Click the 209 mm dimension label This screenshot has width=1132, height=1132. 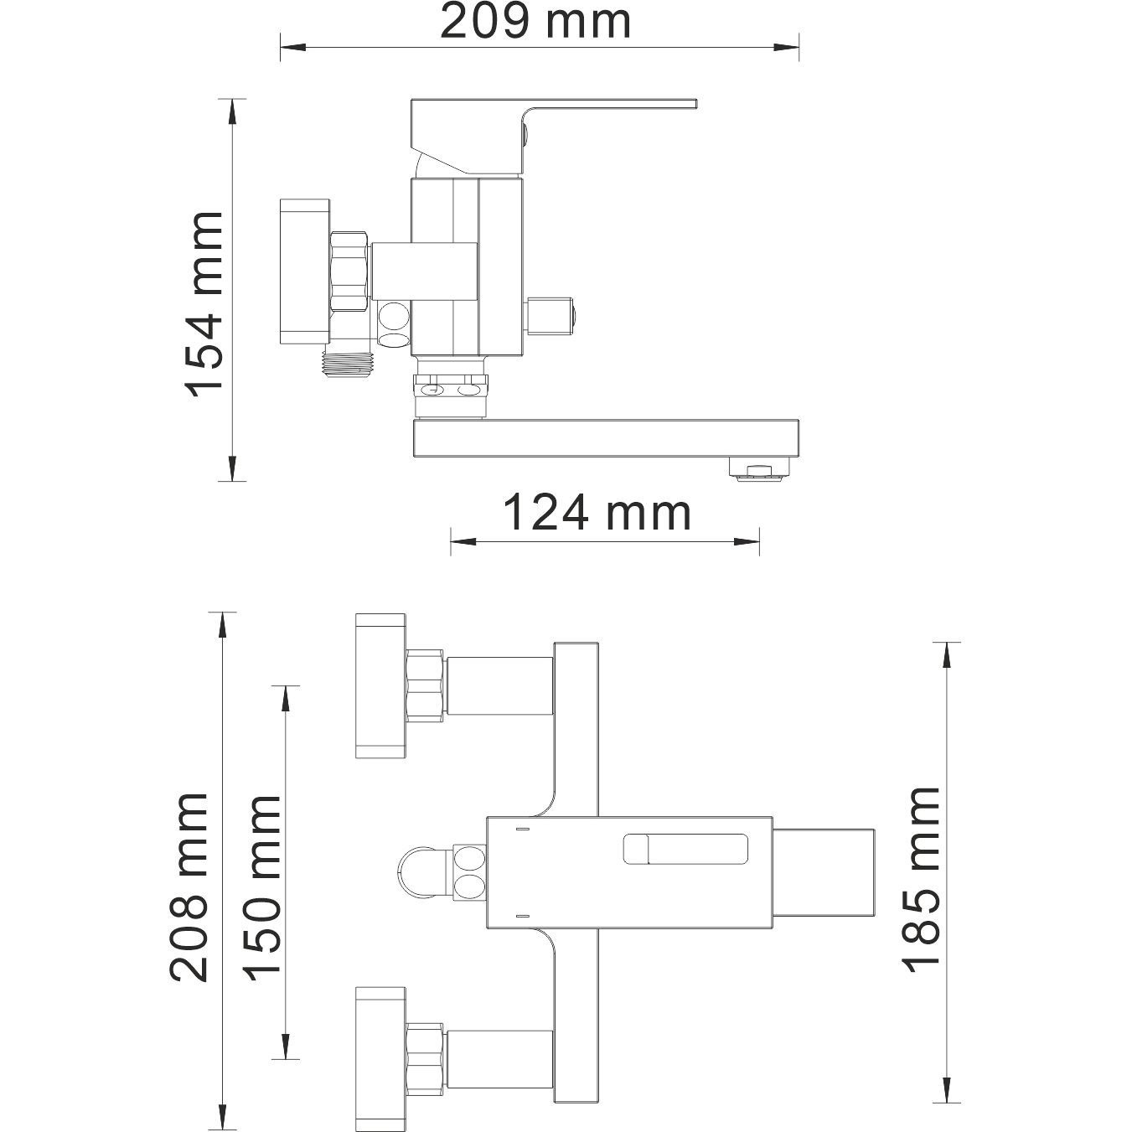(535, 22)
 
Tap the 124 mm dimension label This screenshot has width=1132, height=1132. (597, 513)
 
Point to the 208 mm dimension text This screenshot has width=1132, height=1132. (189, 887)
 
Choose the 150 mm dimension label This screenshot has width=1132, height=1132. (261, 887)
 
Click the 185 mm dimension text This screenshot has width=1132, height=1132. (922, 881)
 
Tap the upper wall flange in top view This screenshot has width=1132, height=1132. (380, 685)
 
